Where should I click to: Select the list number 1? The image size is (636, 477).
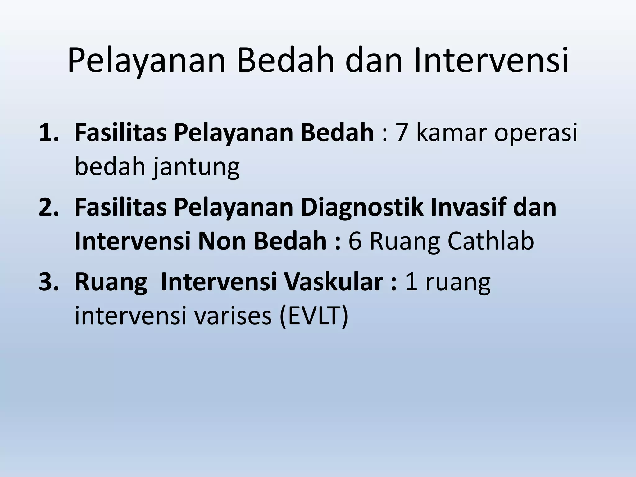pyautogui.click(x=48, y=133)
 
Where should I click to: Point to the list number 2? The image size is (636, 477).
pyautogui.click(x=48, y=208)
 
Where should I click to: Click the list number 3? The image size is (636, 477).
pyautogui.click(x=48, y=283)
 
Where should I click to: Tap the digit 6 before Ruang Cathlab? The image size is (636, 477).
pyautogui.click(x=355, y=242)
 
